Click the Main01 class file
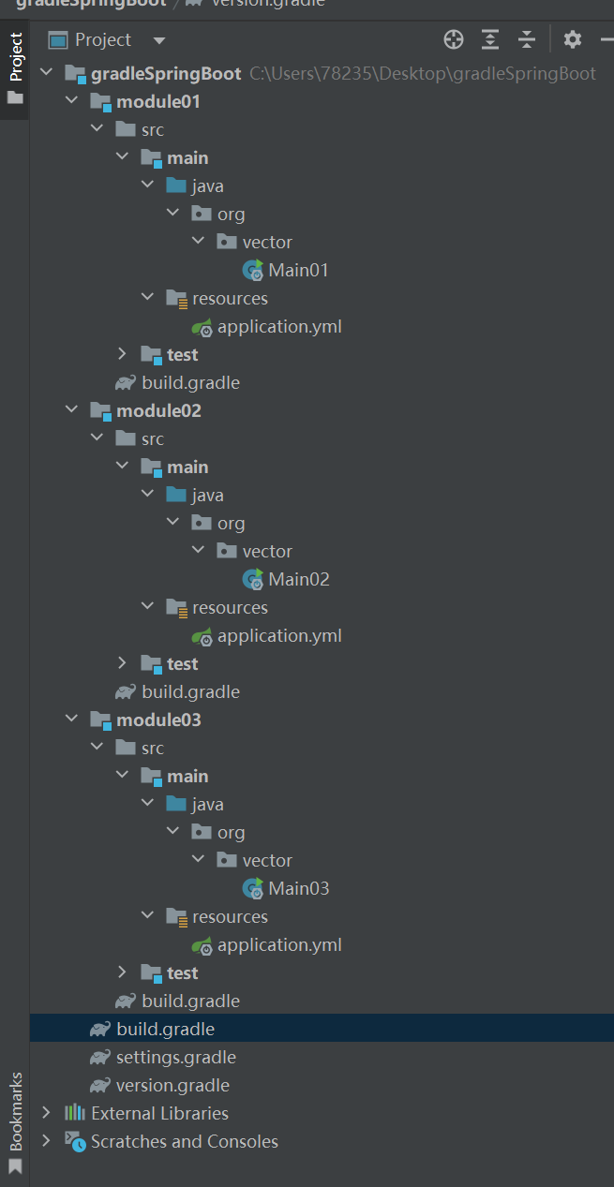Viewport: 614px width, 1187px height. click(x=298, y=271)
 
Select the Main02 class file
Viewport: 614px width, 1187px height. click(x=298, y=580)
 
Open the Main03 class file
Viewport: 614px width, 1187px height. click(x=298, y=889)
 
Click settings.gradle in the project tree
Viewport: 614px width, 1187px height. click(x=175, y=1058)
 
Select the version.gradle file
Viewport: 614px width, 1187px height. click(x=172, y=1086)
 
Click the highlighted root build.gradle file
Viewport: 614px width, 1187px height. click(x=165, y=1030)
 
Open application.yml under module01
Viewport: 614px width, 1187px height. click(x=278, y=327)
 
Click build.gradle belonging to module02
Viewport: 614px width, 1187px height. click(x=190, y=692)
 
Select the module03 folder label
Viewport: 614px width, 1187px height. click(x=158, y=720)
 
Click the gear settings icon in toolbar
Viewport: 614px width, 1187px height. click(x=573, y=39)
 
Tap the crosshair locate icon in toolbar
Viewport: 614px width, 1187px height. click(x=454, y=39)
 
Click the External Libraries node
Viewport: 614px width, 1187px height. click(x=159, y=1114)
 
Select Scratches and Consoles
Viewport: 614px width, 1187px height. click(x=184, y=1142)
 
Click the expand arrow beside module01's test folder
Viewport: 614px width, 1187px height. click(x=122, y=354)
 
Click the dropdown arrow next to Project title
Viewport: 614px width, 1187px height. click(x=158, y=40)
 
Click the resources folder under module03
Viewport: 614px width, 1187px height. click(x=230, y=917)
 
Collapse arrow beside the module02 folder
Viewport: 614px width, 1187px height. click(x=71, y=410)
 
